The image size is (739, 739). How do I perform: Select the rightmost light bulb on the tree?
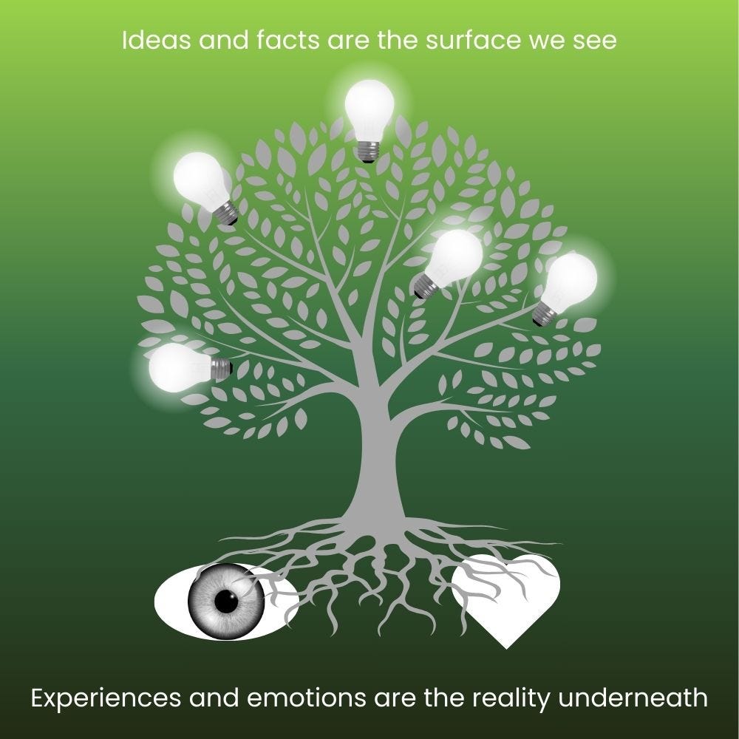571,282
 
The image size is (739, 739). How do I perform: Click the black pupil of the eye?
227,602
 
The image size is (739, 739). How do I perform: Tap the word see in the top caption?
596,41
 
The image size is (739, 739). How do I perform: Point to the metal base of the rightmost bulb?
545,315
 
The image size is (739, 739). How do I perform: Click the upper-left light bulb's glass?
198,177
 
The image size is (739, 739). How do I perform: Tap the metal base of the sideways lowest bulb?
221,368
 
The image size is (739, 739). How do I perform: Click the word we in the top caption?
548,41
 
